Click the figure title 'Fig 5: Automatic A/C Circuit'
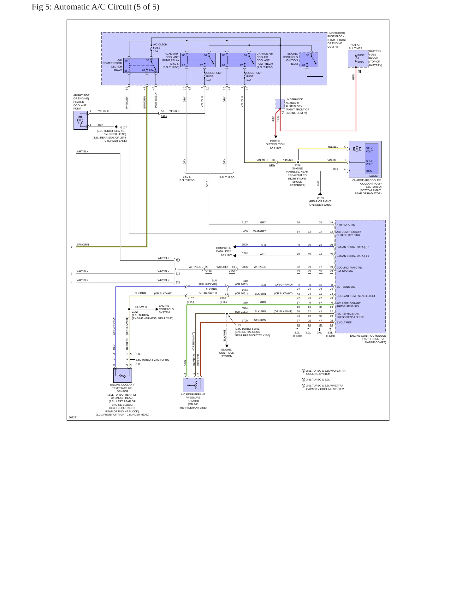[x=81, y=7]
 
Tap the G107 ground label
[x=123, y=127]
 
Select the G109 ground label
[x=320, y=198]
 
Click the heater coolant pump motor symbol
[x=80, y=120]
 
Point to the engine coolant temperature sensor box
[x=122, y=375]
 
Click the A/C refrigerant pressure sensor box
[x=193, y=385]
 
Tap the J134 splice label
[x=298, y=165]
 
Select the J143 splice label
[x=238, y=325]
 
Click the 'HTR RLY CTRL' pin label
[x=346, y=225]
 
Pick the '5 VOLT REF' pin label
[x=344, y=322]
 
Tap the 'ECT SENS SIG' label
[x=346, y=287]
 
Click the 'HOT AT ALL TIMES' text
[x=355, y=47]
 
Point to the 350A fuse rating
[x=360, y=62]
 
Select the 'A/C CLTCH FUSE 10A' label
[x=160, y=48]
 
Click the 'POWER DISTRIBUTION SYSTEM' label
[x=275, y=145]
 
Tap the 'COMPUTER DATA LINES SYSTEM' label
[x=224, y=251]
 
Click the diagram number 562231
[x=73, y=417]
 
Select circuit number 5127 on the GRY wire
[x=245, y=222]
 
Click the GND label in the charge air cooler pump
[x=369, y=171]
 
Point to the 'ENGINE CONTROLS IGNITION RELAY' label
[x=290, y=59]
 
